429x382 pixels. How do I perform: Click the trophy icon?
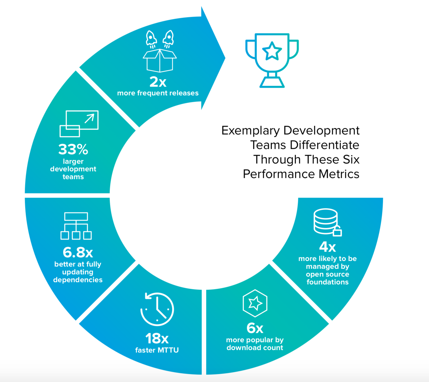click(x=272, y=60)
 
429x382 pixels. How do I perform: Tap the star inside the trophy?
click(x=272, y=51)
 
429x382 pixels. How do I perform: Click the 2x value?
click(x=158, y=82)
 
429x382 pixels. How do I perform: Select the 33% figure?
click(x=73, y=149)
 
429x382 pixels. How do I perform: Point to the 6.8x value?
click(x=78, y=252)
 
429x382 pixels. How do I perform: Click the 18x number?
click(x=157, y=338)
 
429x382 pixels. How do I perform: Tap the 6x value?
click(x=255, y=328)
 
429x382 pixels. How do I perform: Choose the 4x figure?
click(x=327, y=247)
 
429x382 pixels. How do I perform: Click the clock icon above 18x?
click(x=157, y=309)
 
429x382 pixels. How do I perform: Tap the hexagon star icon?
click(x=255, y=303)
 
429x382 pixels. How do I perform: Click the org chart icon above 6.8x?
click(x=76, y=226)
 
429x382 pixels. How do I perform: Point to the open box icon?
click(x=159, y=61)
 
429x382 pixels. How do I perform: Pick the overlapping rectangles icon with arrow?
click(x=79, y=124)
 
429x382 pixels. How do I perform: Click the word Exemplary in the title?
click(x=251, y=131)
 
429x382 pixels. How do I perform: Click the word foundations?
click(x=327, y=282)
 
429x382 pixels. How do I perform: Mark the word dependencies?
click(x=78, y=280)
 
